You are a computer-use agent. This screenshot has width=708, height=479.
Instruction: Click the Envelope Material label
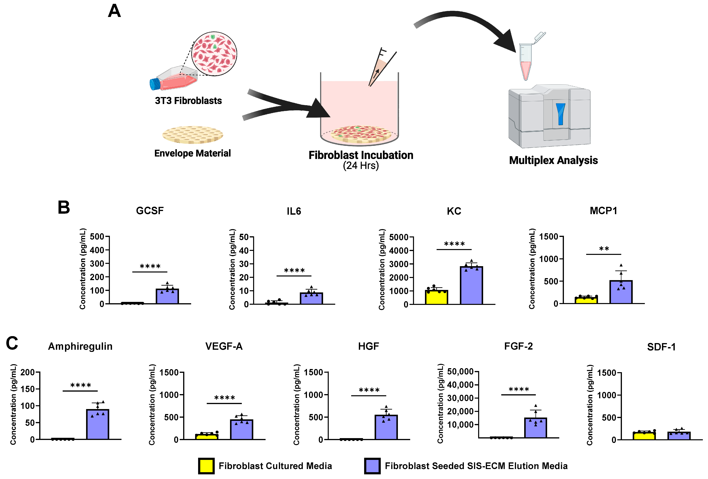tap(192, 153)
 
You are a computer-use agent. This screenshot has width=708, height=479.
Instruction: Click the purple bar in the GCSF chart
tap(167, 296)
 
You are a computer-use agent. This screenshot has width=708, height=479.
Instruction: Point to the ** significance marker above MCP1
tap(604, 249)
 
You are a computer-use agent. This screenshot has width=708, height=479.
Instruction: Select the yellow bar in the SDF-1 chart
tap(644, 436)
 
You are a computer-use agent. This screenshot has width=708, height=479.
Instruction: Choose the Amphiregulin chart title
tap(80, 346)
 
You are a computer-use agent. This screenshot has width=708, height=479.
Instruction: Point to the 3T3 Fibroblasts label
tap(188, 101)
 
